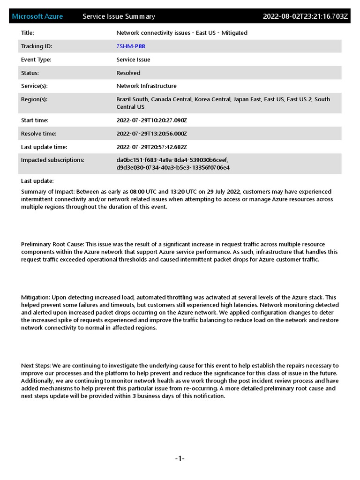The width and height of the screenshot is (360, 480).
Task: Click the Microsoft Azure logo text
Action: (x=37, y=16)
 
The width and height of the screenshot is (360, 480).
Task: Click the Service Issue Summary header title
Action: (x=119, y=16)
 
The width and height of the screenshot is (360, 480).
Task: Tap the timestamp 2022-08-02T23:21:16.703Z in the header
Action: (x=305, y=16)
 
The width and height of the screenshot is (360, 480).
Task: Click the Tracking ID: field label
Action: (x=37, y=46)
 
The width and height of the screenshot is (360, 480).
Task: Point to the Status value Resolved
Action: (x=128, y=73)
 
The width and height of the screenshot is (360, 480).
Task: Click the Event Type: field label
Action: (x=36, y=60)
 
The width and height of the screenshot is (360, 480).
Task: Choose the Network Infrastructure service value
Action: (x=146, y=86)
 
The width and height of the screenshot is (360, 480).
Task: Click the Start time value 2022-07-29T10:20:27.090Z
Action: (x=151, y=120)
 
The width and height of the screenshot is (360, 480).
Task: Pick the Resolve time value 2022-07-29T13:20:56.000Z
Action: (x=151, y=134)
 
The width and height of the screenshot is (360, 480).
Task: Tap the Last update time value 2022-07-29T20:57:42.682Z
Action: (x=151, y=147)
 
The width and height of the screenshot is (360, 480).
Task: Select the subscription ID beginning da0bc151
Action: (x=172, y=160)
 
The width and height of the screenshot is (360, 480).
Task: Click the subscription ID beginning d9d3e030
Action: (x=173, y=167)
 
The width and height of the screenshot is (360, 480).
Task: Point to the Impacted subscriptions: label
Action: (x=52, y=160)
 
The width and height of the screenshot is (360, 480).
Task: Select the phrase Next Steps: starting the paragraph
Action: (x=36, y=366)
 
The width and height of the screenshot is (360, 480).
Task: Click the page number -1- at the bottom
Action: (x=180, y=458)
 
